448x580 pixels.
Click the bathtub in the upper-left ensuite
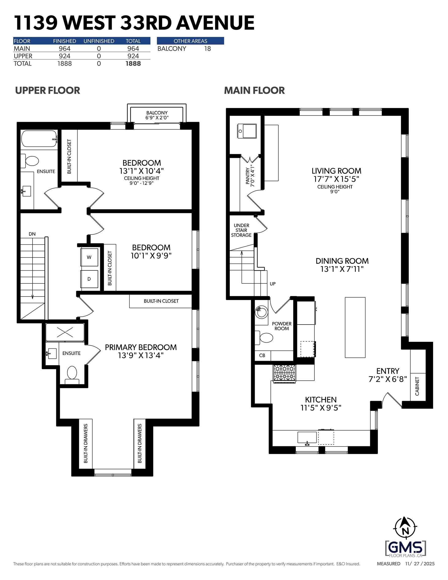[x=39, y=138]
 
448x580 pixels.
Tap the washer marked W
[x=89, y=257]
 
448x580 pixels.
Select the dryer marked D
[x=89, y=279]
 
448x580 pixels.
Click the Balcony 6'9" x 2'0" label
[x=157, y=115]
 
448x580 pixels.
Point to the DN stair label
[x=32, y=234]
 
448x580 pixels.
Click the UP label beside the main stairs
[x=273, y=284]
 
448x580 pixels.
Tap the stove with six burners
[x=285, y=374]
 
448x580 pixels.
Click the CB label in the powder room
[x=262, y=355]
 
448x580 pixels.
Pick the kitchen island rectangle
[x=355, y=328]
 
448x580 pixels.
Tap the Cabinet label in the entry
[x=417, y=386]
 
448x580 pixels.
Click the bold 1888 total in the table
[x=133, y=63]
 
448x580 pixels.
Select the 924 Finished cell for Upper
[x=64, y=56]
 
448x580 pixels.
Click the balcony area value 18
[x=207, y=49]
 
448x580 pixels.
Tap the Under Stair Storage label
[x=241, y=230]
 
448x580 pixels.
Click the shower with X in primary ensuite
[x=65, y=332]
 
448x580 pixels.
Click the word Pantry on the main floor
[x=248, y=175]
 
